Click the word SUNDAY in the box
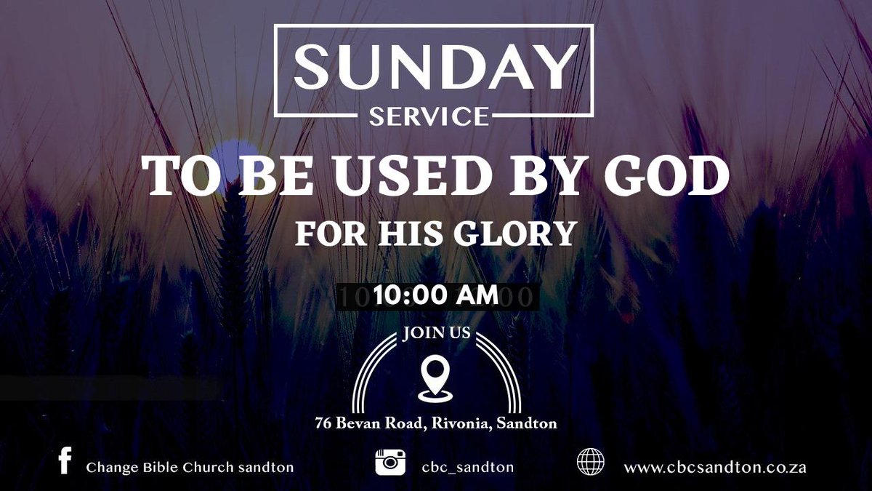434,67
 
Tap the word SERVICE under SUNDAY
429,116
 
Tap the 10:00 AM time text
436,295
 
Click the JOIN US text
437,335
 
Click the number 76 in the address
325,423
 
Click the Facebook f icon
65,462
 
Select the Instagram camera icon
390,463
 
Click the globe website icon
590,463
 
